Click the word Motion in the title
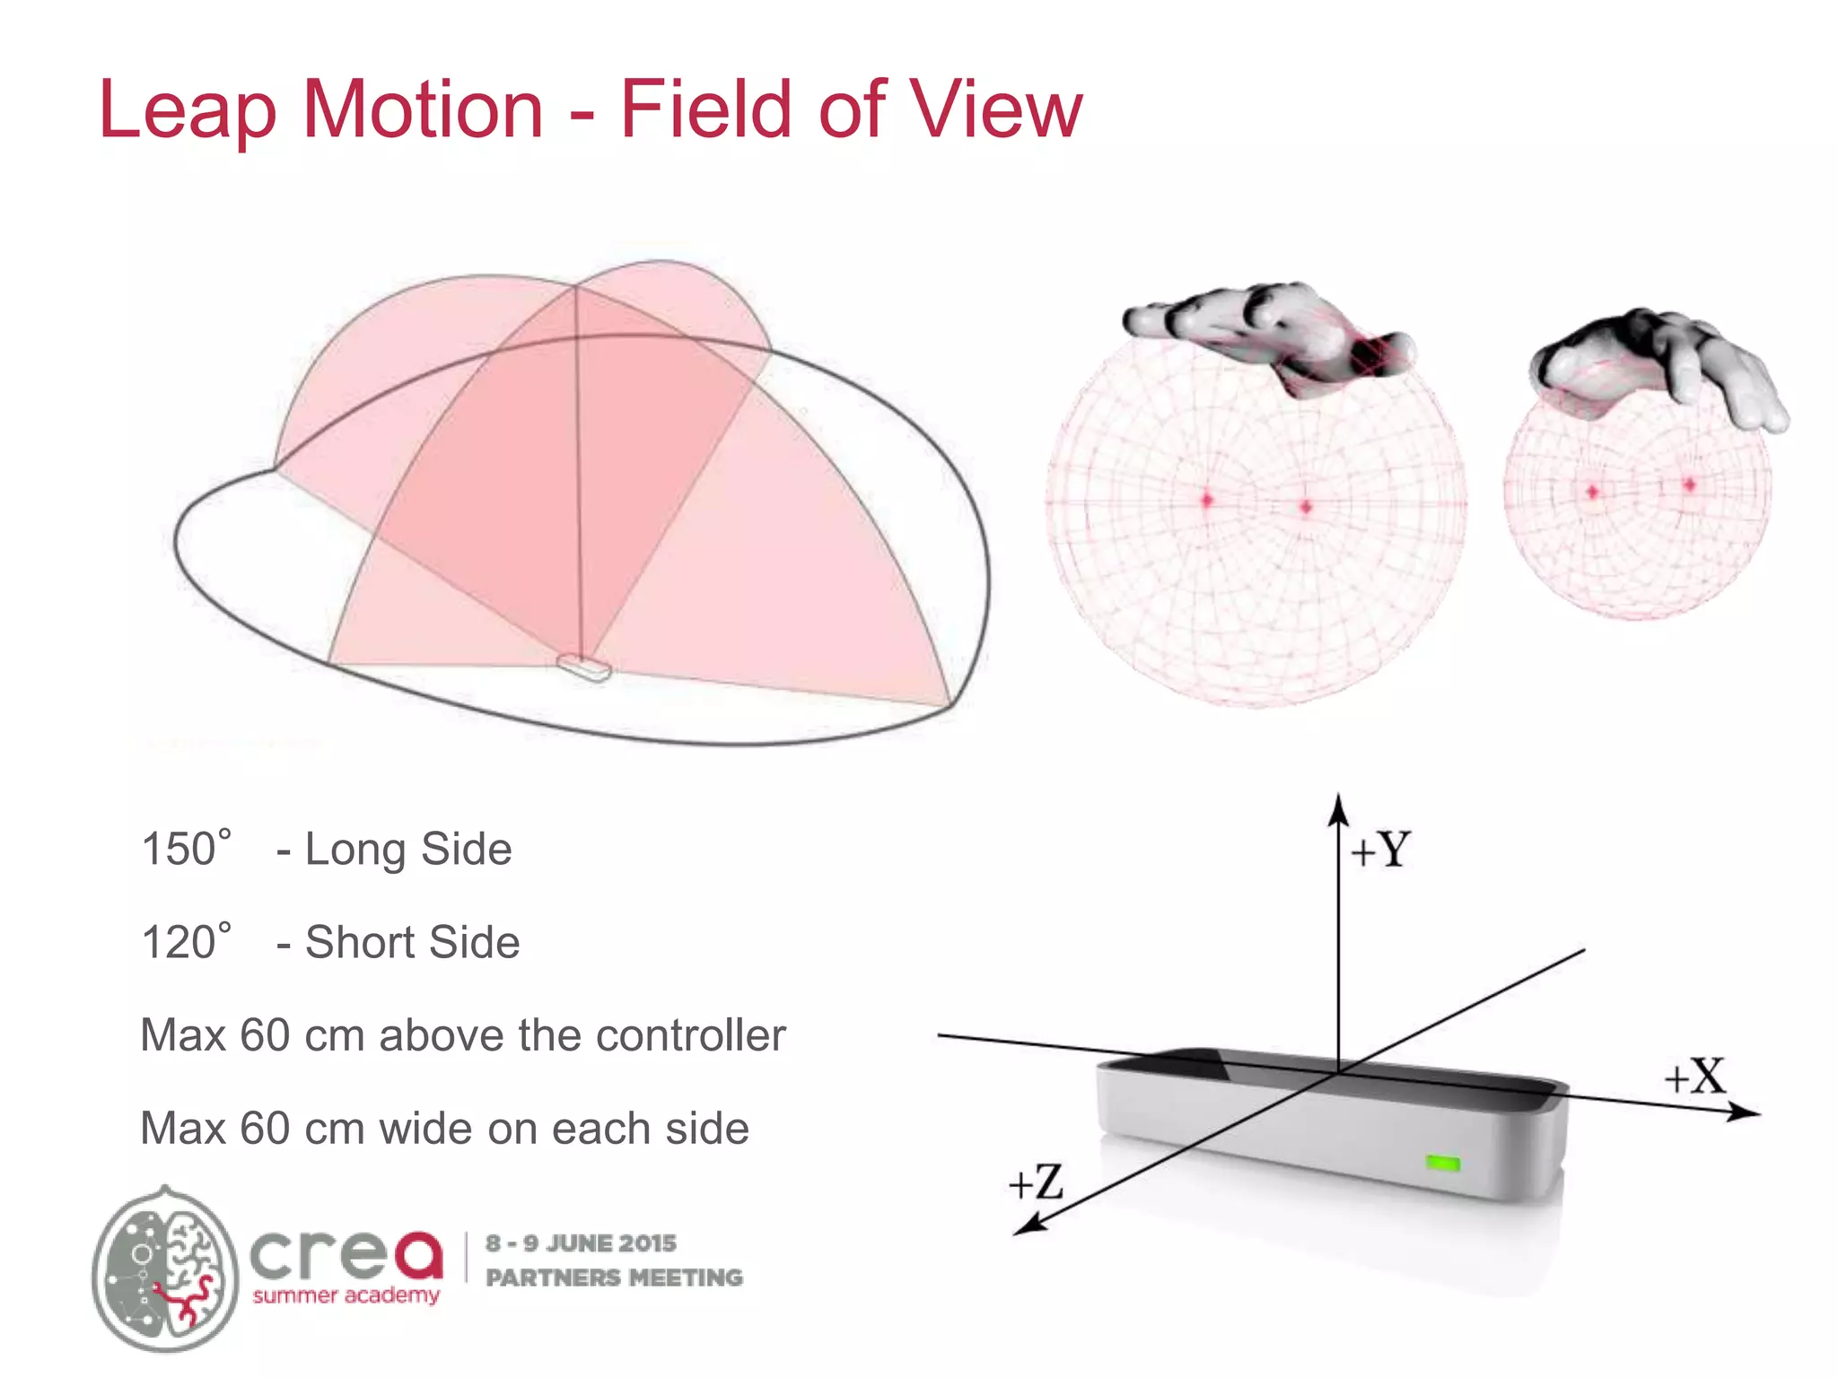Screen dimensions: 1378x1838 [423, 109]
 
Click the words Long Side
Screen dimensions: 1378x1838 [408, 849]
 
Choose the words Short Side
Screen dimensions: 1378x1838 [412, 942]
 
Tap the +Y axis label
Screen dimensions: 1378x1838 [1381, 850]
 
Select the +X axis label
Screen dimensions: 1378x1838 [1695, 1076]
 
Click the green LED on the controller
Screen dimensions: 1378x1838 [1443, 1164]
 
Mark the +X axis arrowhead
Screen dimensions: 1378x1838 [1746, 1113]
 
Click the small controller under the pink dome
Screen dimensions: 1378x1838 [583, 667]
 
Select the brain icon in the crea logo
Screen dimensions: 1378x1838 [166, 1269]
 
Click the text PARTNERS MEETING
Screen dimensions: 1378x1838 [614, 1277]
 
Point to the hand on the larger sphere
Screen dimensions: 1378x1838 [1270, 333]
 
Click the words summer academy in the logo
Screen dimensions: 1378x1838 [346, 1295]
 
